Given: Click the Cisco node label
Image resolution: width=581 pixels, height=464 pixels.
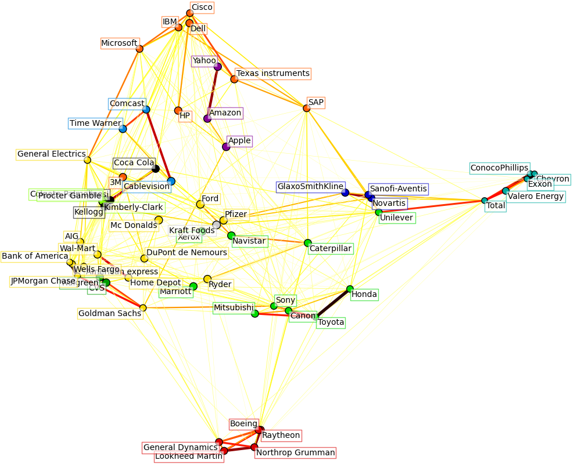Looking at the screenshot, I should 202,8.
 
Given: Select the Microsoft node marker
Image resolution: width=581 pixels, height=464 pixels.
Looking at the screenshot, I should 139,49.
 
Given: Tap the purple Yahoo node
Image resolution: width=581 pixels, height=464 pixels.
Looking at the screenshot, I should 217,67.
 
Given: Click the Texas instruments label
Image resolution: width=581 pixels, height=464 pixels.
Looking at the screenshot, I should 273,74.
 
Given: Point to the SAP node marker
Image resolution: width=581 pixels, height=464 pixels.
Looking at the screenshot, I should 307,108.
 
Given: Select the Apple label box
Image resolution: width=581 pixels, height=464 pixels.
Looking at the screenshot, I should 239,141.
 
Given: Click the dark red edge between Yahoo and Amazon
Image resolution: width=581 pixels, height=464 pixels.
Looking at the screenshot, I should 213,92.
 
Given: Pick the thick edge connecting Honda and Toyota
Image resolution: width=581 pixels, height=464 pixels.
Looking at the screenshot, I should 333,303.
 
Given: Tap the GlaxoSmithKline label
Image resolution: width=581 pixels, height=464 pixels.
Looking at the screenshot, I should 310,187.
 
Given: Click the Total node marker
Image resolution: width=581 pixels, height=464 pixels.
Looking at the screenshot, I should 485,201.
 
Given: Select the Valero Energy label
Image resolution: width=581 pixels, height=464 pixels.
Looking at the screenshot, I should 536,197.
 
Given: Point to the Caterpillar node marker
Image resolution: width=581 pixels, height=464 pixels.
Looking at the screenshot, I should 307,243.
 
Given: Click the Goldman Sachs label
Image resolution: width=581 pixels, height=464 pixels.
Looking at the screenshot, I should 110,313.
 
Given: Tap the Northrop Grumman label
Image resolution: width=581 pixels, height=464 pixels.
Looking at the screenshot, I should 295,452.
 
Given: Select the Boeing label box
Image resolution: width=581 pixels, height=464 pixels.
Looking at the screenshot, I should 243,424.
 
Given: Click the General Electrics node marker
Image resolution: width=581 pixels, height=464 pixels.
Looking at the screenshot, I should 87,160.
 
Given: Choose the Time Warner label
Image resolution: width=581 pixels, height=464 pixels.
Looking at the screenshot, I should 95,123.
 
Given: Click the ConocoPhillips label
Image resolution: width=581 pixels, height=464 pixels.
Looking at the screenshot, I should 499,168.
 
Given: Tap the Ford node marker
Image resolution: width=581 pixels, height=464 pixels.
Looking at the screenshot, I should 200,204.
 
